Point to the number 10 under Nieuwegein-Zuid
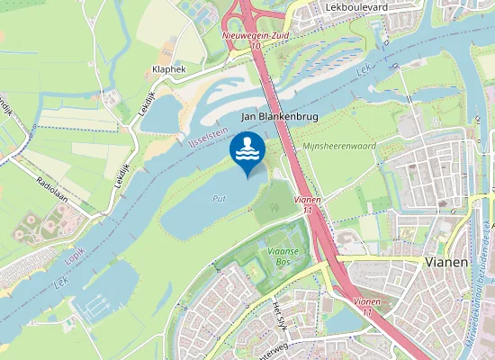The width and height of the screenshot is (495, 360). [x=256, y=45]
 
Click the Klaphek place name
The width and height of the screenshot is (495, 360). [x=169, y=68]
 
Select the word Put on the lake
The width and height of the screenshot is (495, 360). [x=219, y=198]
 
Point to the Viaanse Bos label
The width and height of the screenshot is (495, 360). [x=284, y=248]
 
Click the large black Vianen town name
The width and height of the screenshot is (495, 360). [x=445, y=262]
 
